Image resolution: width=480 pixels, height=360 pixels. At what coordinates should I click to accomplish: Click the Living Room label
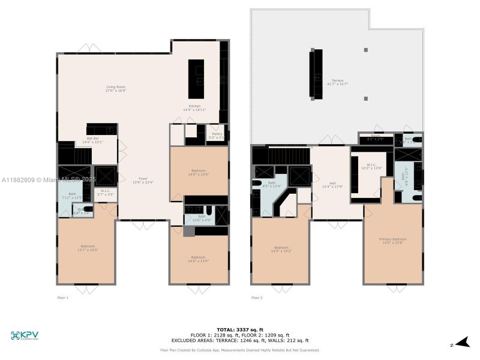click(115, 89)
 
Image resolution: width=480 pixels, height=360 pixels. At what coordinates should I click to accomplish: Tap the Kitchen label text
click(194, 108)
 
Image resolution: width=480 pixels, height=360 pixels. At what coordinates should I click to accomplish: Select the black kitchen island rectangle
click(196, 79)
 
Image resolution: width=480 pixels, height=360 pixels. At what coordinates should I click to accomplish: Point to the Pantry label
click(217, 136)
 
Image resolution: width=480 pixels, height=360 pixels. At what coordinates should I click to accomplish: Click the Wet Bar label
click(93, 140)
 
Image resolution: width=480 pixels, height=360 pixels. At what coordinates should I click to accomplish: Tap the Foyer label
click(143, 180)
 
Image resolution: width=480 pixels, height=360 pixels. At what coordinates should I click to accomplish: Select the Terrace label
click(338, 82)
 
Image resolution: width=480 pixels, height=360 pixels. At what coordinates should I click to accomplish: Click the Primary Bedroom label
click(393, 241)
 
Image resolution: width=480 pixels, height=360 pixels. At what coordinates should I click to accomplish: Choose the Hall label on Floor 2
click(332, 185)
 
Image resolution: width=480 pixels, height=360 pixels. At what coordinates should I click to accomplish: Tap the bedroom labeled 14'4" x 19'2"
click(281, 249)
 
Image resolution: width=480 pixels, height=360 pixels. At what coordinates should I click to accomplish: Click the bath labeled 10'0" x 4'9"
click(202, 218)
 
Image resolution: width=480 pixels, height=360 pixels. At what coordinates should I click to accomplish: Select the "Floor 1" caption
click(63, 298)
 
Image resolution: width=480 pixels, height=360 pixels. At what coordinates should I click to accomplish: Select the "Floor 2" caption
click(257, 298)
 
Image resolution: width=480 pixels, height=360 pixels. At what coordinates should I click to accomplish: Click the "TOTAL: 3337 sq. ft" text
click(240, 330)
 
